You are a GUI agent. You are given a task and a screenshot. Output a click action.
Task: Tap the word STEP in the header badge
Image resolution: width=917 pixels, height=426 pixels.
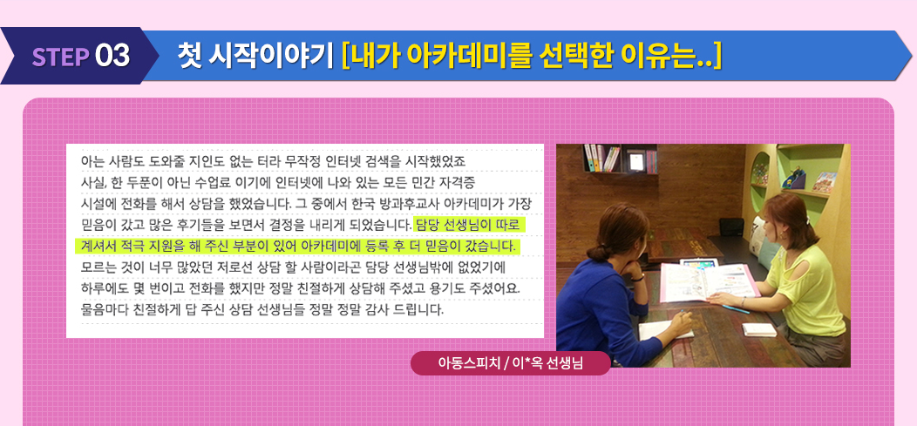coord(61,56)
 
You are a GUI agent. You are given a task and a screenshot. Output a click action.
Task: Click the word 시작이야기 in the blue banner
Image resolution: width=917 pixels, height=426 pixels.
coord(274,56)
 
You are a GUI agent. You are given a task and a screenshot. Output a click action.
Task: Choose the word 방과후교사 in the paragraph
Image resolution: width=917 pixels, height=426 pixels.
coord(413,204)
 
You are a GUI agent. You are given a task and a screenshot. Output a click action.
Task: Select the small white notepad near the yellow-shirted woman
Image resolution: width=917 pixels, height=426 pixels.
coord(760,329)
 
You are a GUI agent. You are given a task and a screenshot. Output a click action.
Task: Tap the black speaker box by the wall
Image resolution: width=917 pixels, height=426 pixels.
coord(730,227)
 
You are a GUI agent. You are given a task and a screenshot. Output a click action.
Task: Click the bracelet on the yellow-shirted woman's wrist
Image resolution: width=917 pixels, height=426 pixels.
coord(744,302)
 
